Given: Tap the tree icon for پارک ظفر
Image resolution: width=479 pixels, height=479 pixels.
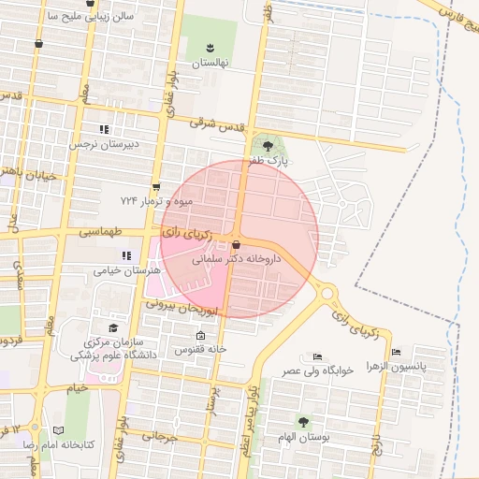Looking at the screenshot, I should click(x=269, y=146).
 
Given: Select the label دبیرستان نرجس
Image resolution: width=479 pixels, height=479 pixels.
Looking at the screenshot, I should click(x=104, y=145).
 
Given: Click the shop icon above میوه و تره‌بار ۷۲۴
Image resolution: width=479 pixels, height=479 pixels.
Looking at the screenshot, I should click(x=155, y=186).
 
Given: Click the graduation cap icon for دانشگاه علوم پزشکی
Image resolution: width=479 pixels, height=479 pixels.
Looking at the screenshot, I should click(x=113, y=328).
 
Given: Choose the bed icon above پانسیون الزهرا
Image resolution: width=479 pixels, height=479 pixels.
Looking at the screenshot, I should click(x=397, y=352).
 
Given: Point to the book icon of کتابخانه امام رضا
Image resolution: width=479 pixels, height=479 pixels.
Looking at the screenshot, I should click(x=59, y=429).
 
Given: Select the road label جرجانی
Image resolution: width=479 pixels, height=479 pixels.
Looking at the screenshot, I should click(x=159, y=436).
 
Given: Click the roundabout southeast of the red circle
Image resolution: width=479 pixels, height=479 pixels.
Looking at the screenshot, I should click(x=327, y=293).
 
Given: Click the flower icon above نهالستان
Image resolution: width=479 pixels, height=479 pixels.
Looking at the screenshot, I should click(x=210, y=48).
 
